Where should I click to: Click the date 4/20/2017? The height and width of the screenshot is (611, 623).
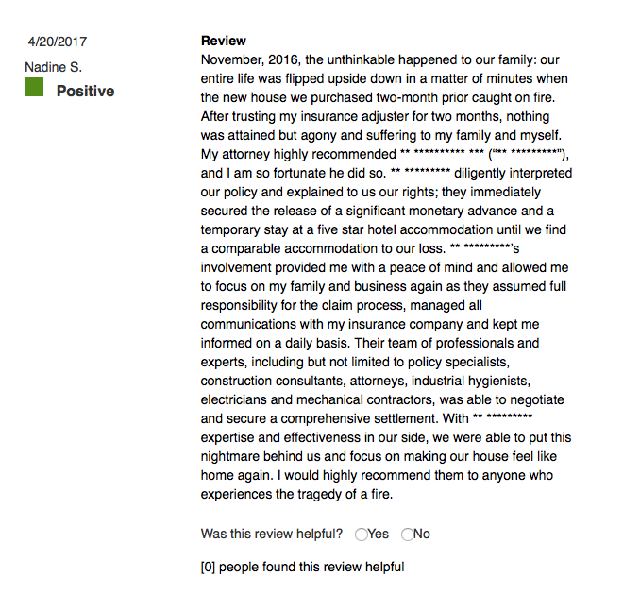pyautogui.click(x=58, y=42)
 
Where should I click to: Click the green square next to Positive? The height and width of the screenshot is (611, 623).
pyautogui.click(x=35, y=89)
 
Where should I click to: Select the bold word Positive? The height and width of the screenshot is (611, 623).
pyautogui.click(x=85, y=91)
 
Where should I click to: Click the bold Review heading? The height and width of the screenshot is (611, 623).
pyautogui.click(x=224, y=41)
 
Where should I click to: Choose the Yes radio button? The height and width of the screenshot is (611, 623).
pyautogui.click(x=362, y=535)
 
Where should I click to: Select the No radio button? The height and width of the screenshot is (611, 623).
pyautogui.click(x=408, y=535)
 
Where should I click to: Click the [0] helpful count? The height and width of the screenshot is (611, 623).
pyautogui.click(x=209, y=567)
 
